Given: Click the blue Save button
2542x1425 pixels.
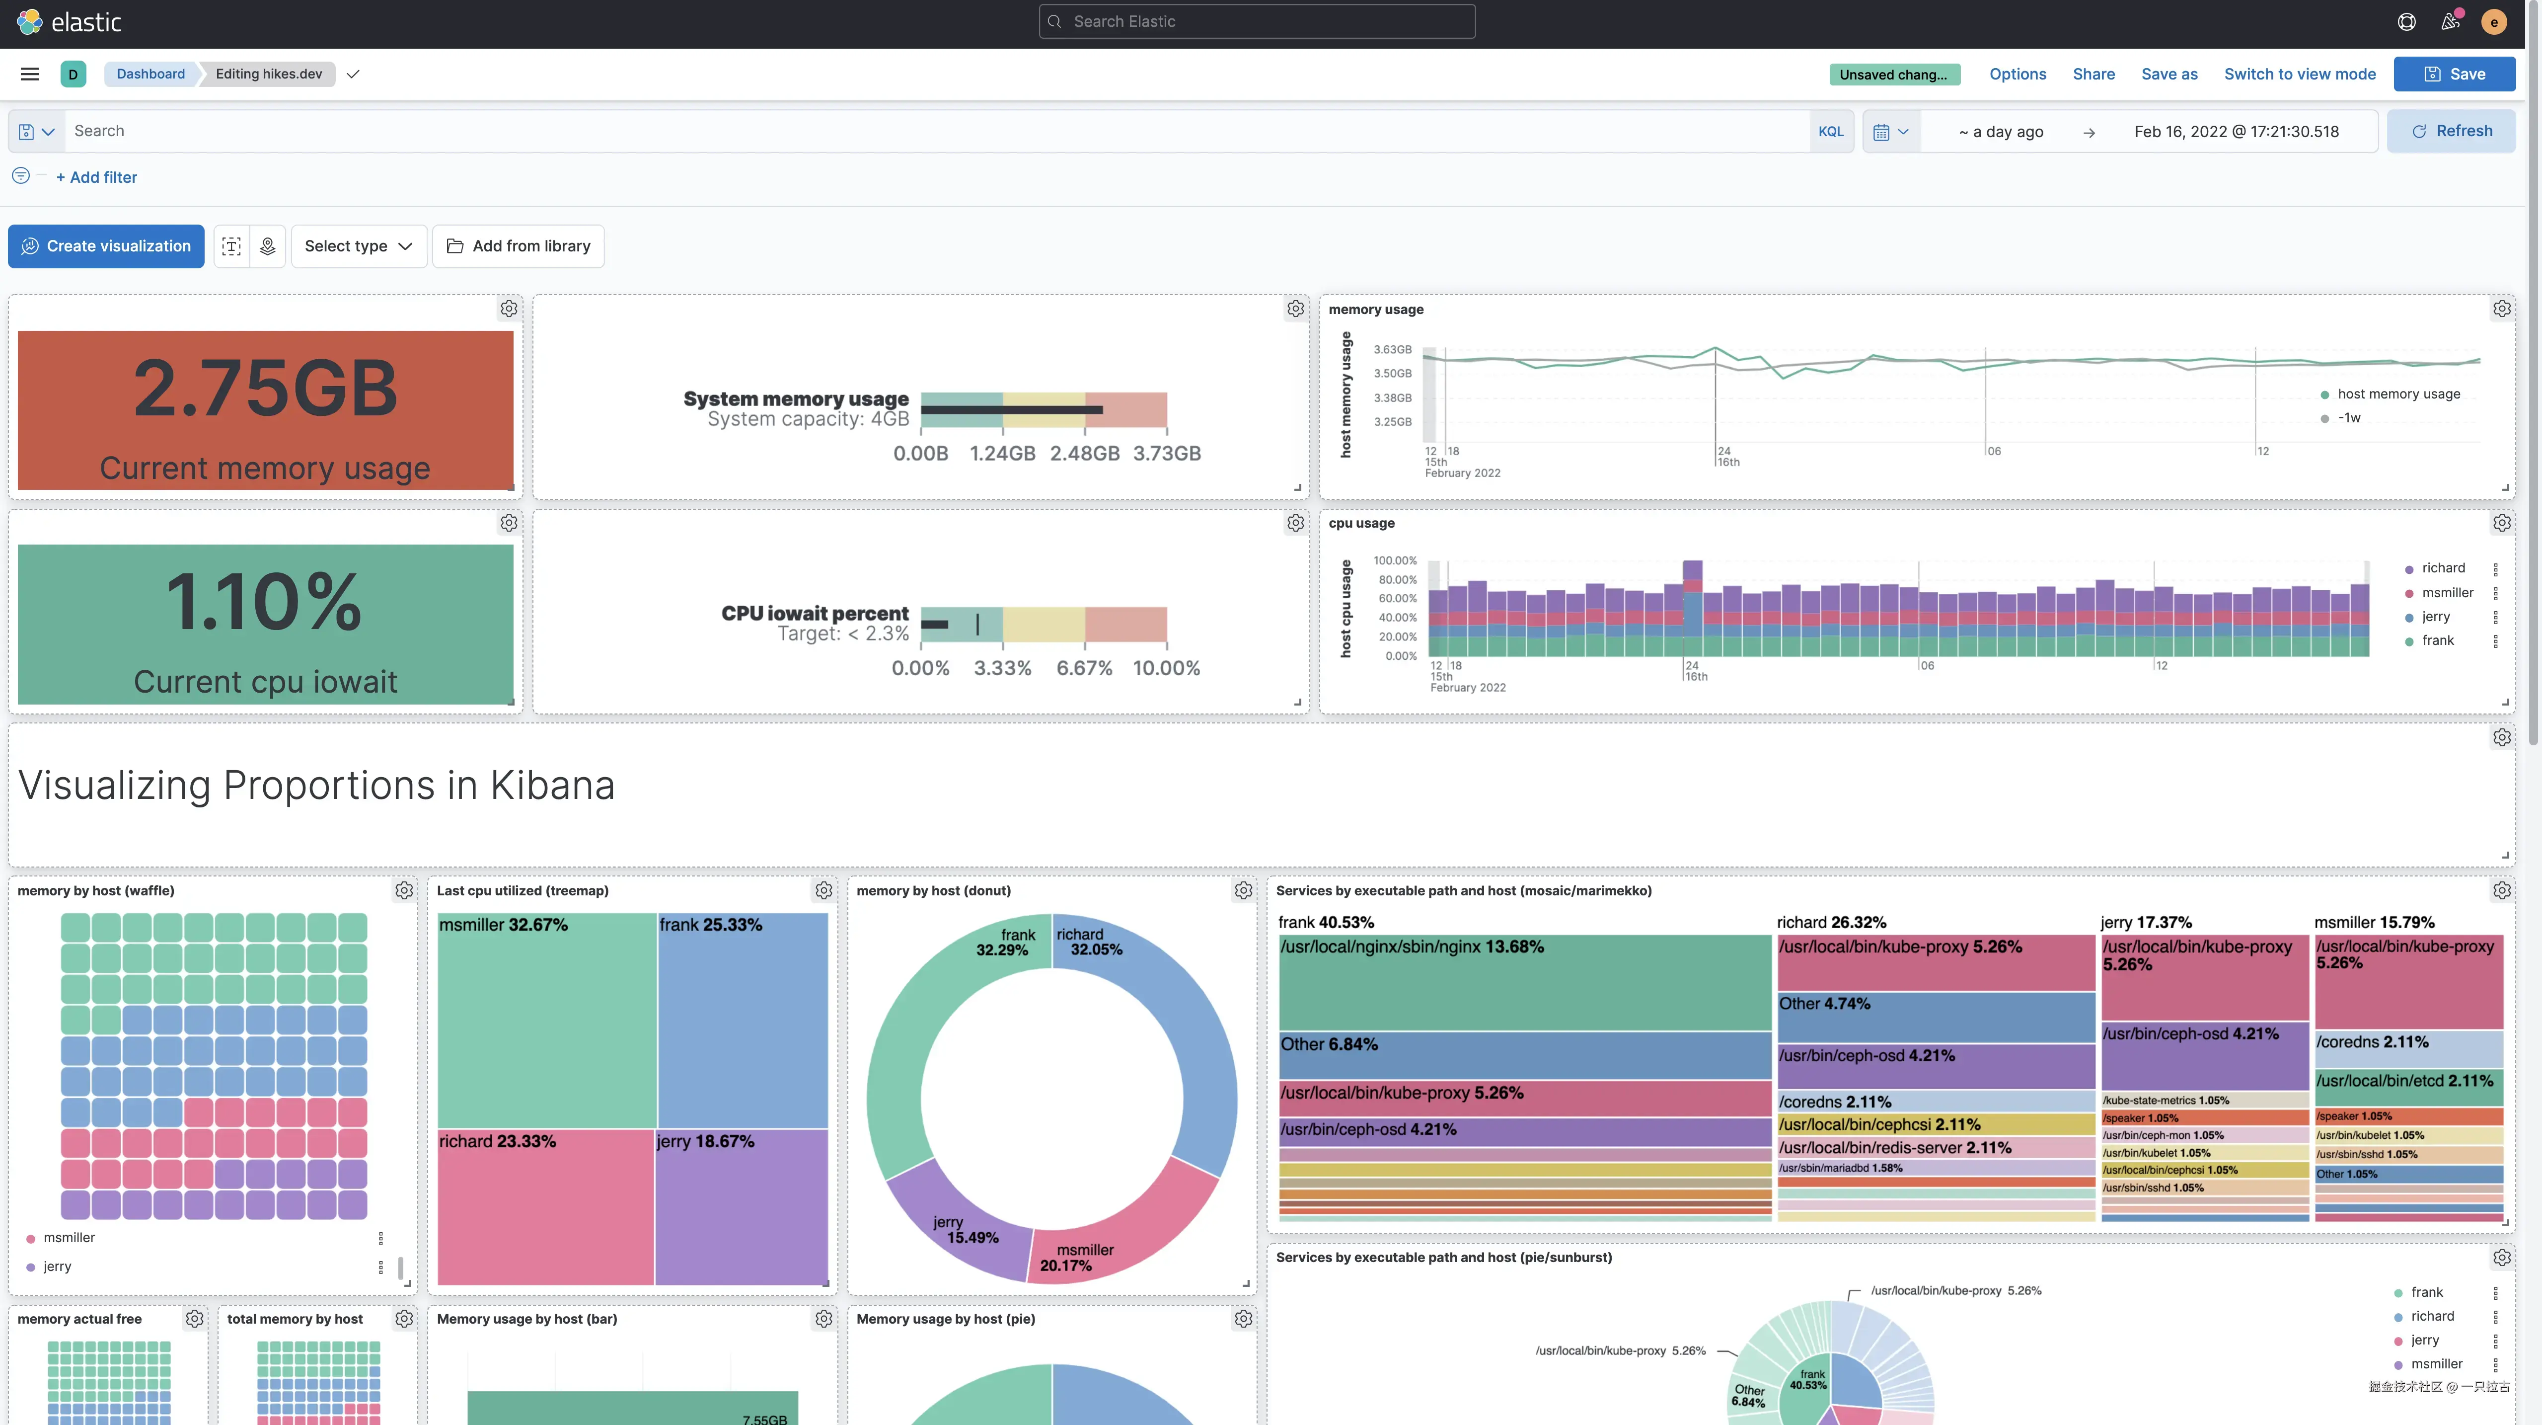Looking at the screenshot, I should coord(2454,74).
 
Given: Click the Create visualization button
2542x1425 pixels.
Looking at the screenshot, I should coord(107,246).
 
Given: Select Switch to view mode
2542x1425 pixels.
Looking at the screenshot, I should coord(2299,74).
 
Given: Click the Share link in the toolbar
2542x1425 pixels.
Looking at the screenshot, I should coord(2093,74).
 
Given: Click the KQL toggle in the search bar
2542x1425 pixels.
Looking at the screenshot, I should coord(1831,131).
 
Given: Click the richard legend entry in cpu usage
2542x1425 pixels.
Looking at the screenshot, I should coord(2442,568).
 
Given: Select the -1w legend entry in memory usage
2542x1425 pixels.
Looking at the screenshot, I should coord(2349,418).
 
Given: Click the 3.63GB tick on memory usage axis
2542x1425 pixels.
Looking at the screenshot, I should coord(1392,349).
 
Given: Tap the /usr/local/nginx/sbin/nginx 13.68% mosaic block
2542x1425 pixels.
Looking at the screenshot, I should coord(1525,982).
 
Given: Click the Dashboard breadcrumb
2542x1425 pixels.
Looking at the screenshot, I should coord(150,74).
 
